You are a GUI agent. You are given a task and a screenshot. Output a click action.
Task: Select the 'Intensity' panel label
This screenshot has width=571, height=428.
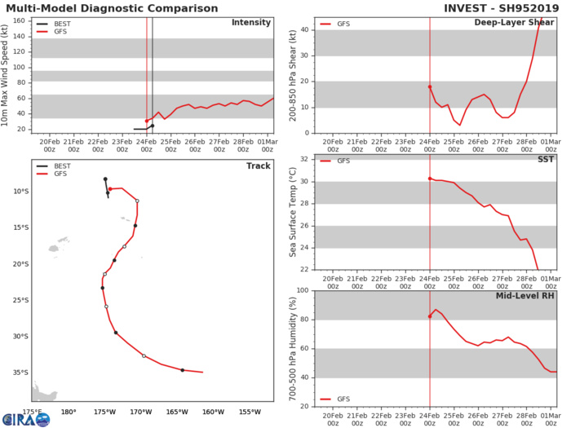click(x=252, y=22)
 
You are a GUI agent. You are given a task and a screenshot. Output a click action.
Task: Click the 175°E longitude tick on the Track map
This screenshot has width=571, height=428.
click(x=32, y=412)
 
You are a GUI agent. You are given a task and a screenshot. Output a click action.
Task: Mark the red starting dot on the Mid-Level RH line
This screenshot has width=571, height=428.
click(x=430, y=316)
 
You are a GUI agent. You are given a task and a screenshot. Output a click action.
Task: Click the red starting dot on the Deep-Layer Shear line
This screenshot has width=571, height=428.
click(x=430, y=86)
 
